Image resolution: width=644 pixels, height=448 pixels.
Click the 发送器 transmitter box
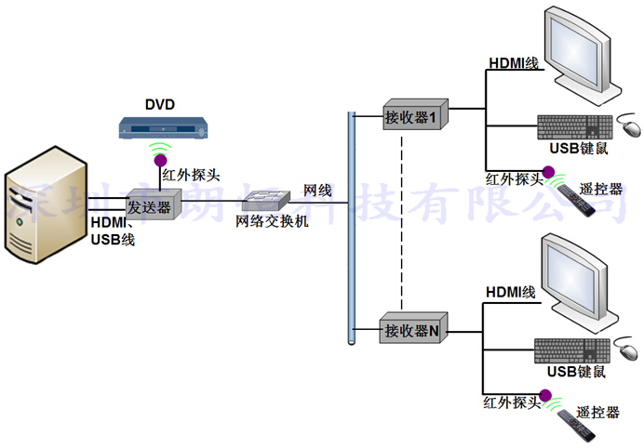coord(150,206)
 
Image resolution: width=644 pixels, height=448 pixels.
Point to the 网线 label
coord(316,191)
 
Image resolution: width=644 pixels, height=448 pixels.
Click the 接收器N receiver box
coord(416,329)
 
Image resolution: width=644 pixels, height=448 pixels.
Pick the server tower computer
coord(47,209)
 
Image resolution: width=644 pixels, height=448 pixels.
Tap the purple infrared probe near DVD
coord(160,159)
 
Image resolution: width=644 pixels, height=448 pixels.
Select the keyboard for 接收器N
coord(570,350)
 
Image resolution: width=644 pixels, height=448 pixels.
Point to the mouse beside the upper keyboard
coord(630,126)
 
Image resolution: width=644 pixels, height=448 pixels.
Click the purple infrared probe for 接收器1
coord(549,172)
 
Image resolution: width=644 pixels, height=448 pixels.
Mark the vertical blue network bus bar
coord(352,228)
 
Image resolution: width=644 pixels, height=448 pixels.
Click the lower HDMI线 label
coord(510,292)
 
